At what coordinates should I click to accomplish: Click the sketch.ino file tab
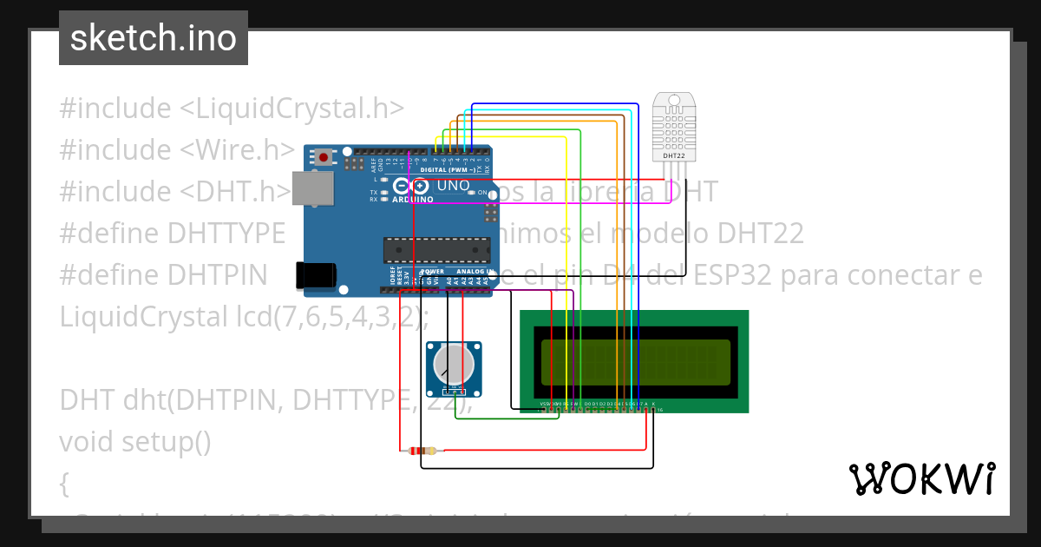click(153, 38)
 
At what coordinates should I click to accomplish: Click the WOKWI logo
click(920, 478)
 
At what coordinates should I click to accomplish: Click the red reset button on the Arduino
click(324, 158)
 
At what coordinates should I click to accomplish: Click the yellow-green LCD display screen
click(636, 362)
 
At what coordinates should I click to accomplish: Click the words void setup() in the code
click(135, 442)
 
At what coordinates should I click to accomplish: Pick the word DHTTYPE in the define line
click(226, 234)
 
